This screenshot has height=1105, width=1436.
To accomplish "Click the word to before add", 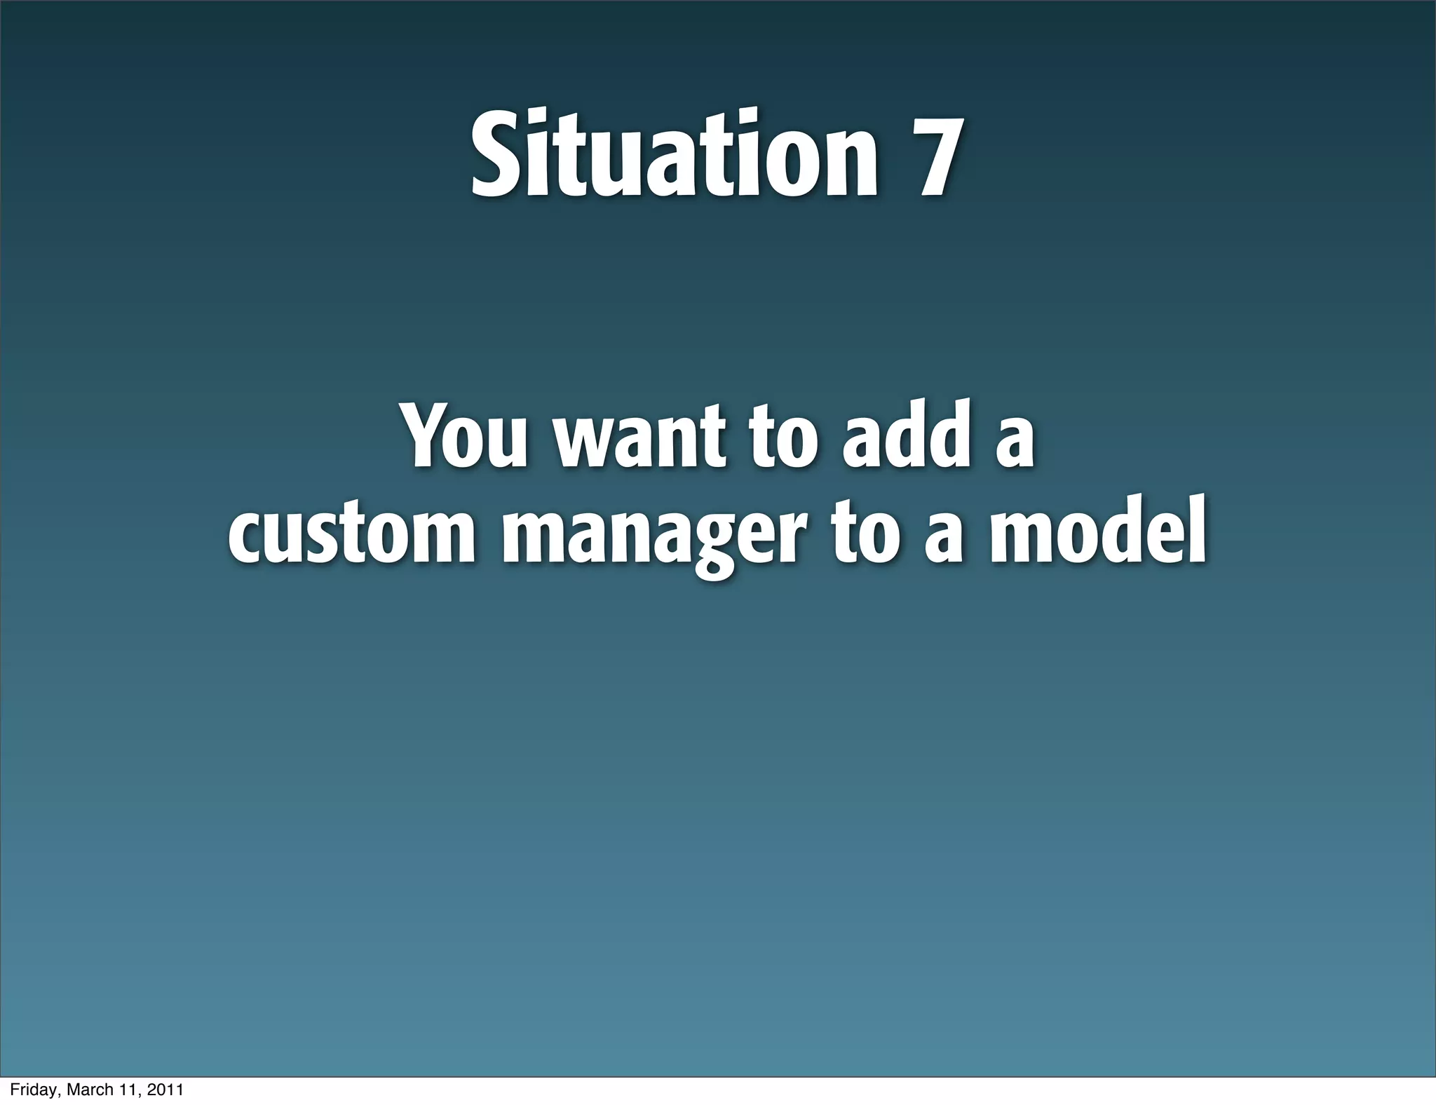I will click(781, 438).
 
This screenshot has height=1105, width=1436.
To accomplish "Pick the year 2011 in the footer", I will click(164, 1090).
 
